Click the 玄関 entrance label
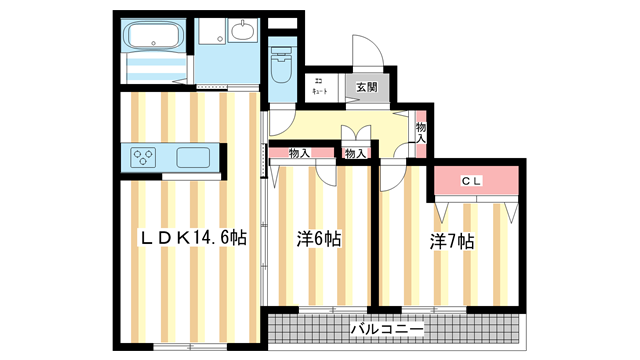coord(364,87)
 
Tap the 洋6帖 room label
coord(318,240)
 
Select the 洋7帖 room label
coord(452,241)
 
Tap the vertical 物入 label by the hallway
coord(421,133)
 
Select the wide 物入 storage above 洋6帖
coord(299,153)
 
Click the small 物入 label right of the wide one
coord(355,153)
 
